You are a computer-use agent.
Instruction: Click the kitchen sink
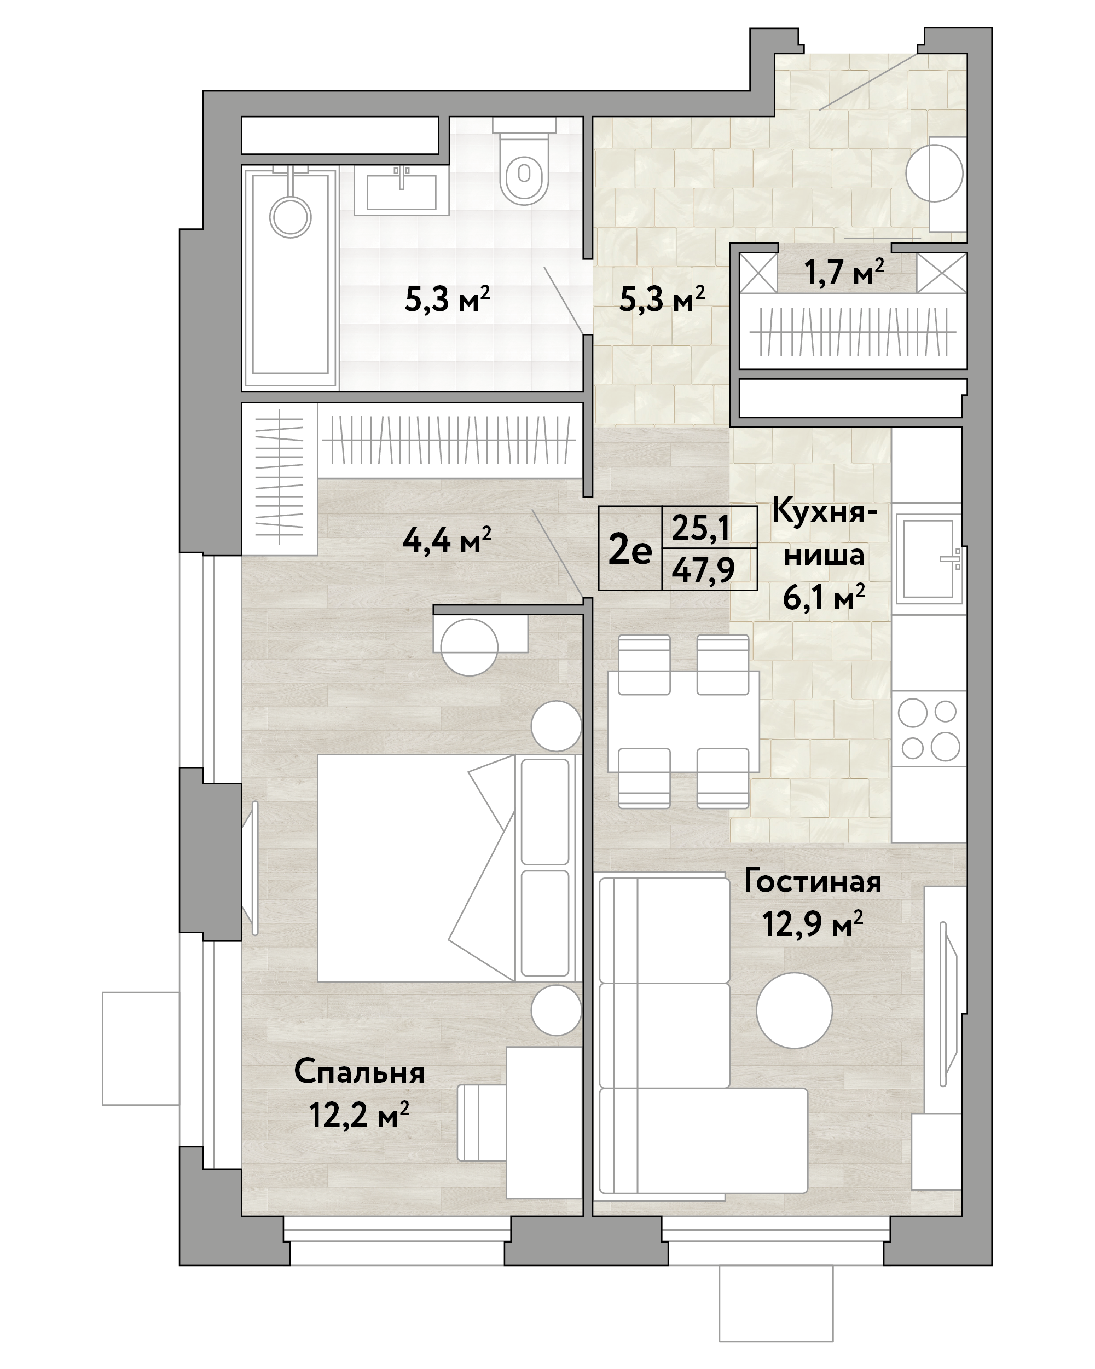(x=928, y=559)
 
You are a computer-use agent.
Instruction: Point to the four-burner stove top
(x=929, y=730)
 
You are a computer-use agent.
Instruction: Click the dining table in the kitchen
(x=683, y=721)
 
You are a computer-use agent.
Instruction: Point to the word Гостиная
(x=813, y=882)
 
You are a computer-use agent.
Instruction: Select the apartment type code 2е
(x=630, y=551)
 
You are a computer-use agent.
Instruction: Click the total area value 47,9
(x=703, y=570)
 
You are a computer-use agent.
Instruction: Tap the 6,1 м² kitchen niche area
(x=824, y=598)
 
